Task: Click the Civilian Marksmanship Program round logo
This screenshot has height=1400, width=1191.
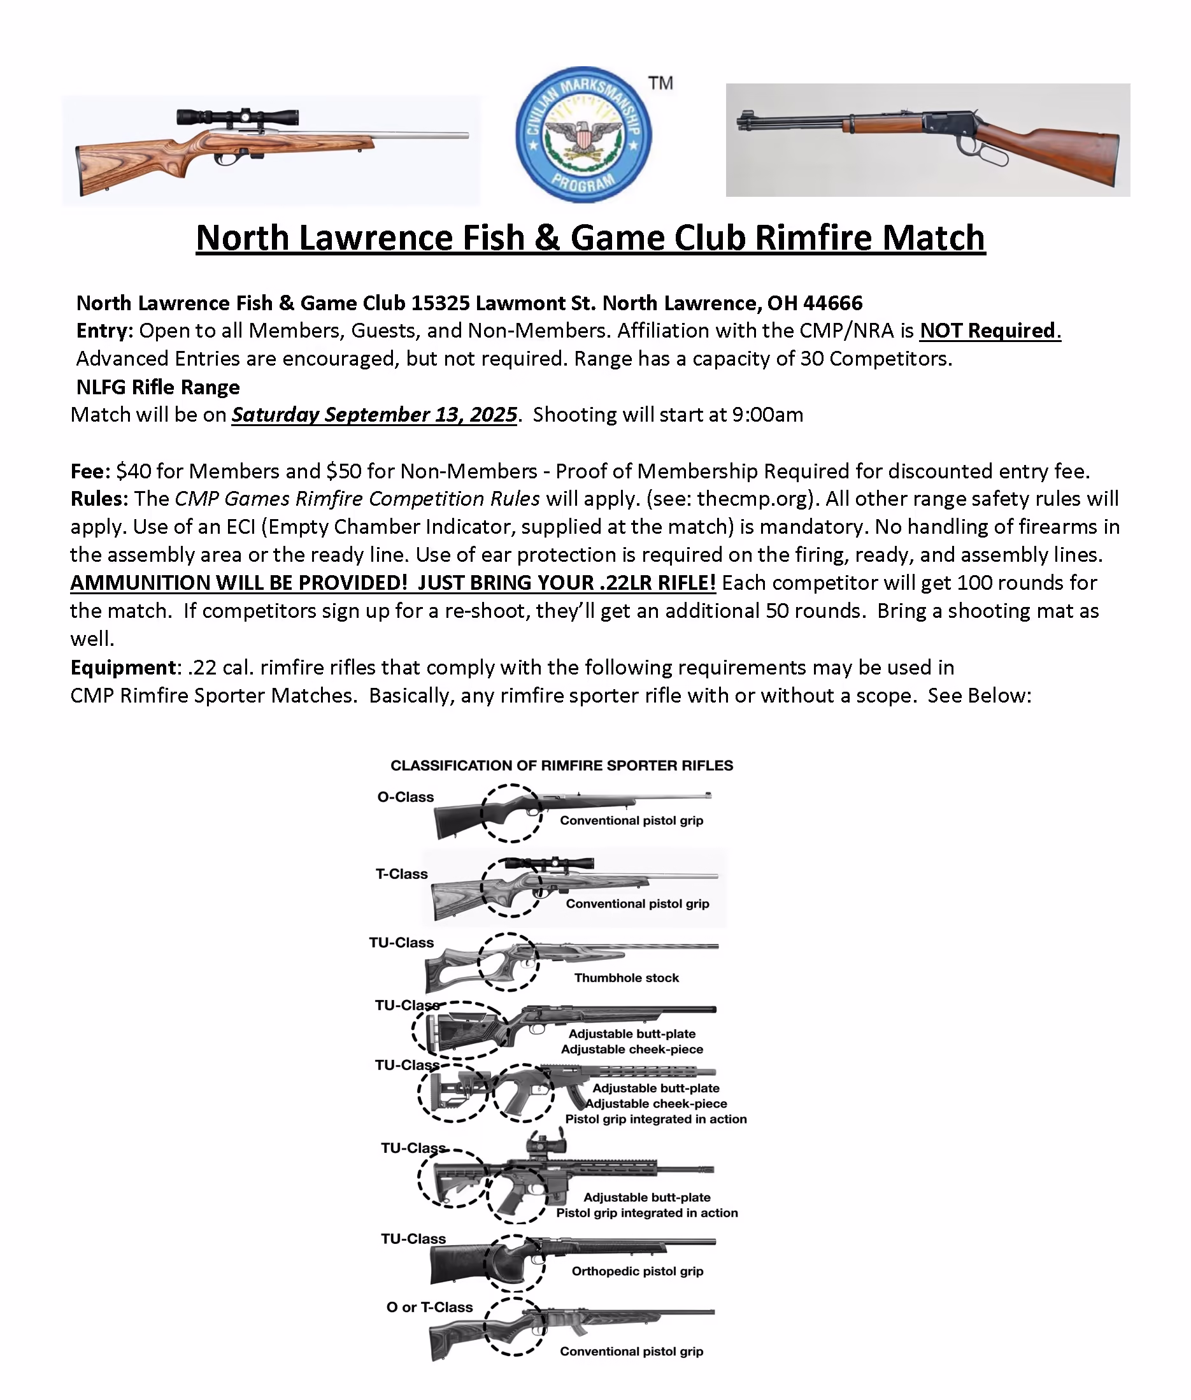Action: (583, 134)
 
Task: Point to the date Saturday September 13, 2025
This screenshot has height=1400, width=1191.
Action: (374, 414)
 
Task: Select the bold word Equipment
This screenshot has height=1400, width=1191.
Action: (123, 668)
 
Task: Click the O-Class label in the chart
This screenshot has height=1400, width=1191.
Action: (405, 797)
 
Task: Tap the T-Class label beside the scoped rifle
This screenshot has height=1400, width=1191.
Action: (402, 874)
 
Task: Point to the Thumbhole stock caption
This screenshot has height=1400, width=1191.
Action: (627, 977)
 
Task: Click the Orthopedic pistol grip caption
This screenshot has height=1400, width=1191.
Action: (638, 1270)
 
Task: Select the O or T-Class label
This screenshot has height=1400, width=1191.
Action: (429, 1307)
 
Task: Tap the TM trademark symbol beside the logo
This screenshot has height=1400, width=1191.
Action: (660, 83)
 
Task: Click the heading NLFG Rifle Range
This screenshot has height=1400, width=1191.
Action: (158, 387)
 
